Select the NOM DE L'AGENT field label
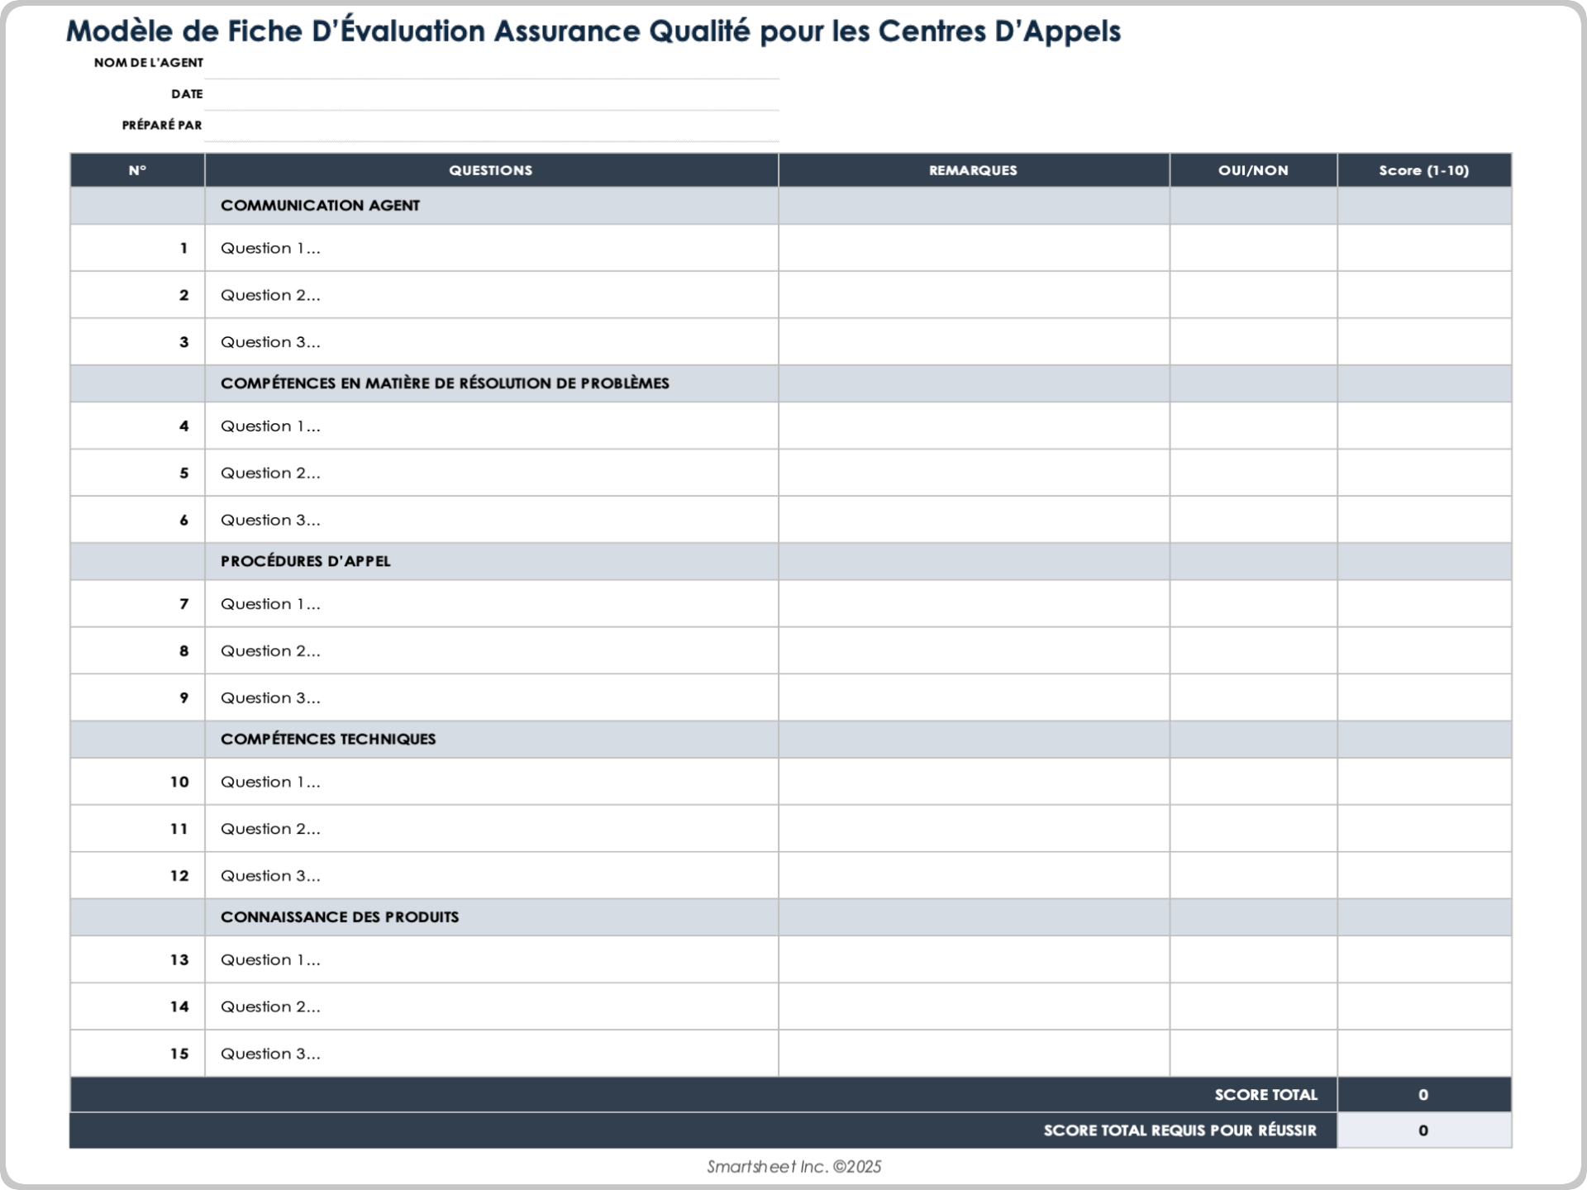148,63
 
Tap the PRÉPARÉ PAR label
161,126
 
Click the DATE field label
187,94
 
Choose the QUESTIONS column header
490,170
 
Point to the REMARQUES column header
973,170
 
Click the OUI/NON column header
1253,170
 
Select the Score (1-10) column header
1423,170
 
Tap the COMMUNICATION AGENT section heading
320,206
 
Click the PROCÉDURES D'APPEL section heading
305,561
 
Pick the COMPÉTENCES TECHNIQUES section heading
327,739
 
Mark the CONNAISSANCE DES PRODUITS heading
339,917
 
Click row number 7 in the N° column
183,604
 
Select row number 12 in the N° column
179,876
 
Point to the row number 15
179,1054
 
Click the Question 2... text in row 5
270,474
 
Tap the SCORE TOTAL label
1265,1095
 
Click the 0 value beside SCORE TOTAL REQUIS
1423,1130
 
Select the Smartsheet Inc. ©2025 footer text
793,1167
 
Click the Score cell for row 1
1423,249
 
